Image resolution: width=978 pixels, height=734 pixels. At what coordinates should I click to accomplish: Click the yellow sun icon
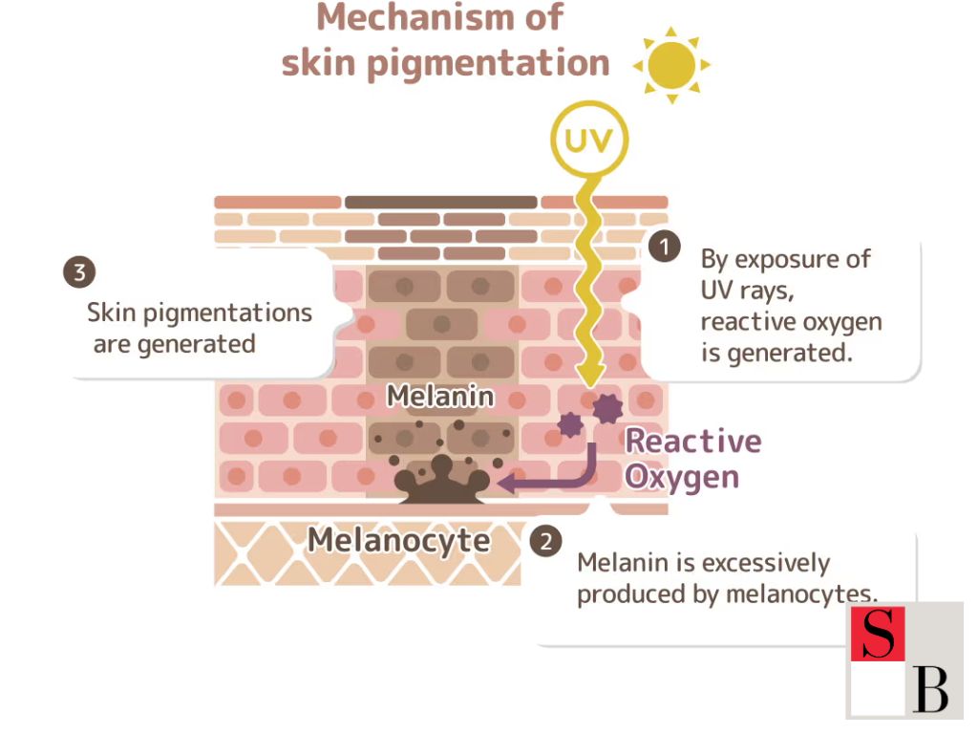(x=672, y=65)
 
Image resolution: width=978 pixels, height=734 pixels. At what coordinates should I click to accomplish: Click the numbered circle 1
(x=664, y=247)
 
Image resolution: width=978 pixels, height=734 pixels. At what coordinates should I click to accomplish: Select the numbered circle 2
(x=545, y=542)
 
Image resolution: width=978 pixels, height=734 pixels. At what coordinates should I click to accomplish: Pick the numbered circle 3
(x=79, y=272)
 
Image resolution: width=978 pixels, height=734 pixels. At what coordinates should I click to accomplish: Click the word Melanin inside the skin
(x=440, y=396)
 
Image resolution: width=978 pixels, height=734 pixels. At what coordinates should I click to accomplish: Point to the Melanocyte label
(x=398, y=540)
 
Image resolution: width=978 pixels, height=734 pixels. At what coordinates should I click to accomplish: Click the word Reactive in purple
(x=693, y=441)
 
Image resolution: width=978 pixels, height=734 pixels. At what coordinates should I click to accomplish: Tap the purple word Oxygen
(x=682, y=476)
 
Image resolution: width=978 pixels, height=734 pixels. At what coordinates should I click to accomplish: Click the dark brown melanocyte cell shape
(x=441, y=484)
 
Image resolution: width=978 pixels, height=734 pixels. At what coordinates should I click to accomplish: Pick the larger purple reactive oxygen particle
(x=606, y=408)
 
